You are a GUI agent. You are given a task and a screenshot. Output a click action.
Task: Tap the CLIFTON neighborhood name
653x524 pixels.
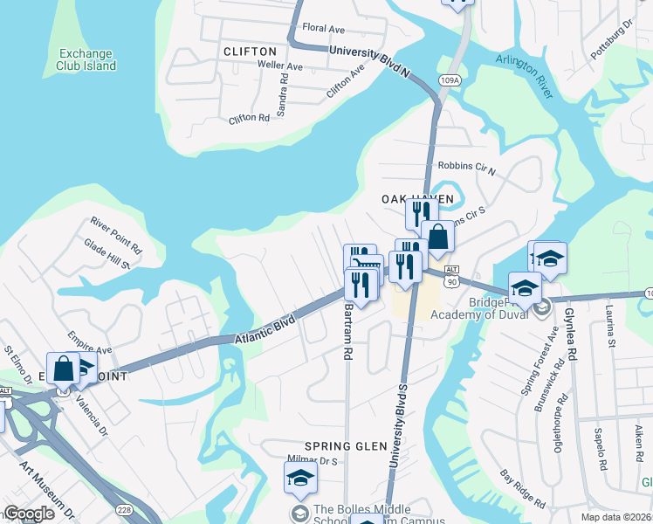(x=250, y=52)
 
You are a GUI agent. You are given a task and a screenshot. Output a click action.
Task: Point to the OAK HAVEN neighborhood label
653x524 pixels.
(x=418, y=199)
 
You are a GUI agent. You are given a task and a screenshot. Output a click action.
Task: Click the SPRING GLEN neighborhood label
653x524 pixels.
(x=346, y=445)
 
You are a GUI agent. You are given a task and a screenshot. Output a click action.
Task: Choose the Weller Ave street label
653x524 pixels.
(x=280, y=66)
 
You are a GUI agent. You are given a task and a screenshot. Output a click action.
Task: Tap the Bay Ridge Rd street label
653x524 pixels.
(x=523, y=490)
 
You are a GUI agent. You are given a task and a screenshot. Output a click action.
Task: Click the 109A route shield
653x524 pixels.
(x=450, y=80)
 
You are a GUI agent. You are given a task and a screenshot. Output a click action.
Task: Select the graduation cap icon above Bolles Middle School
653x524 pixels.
(x=299, y=478)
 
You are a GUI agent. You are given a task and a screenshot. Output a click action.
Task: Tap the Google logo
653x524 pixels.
(x=30, y=514)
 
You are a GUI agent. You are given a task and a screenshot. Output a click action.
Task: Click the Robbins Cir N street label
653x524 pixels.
(x=466, y=168)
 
